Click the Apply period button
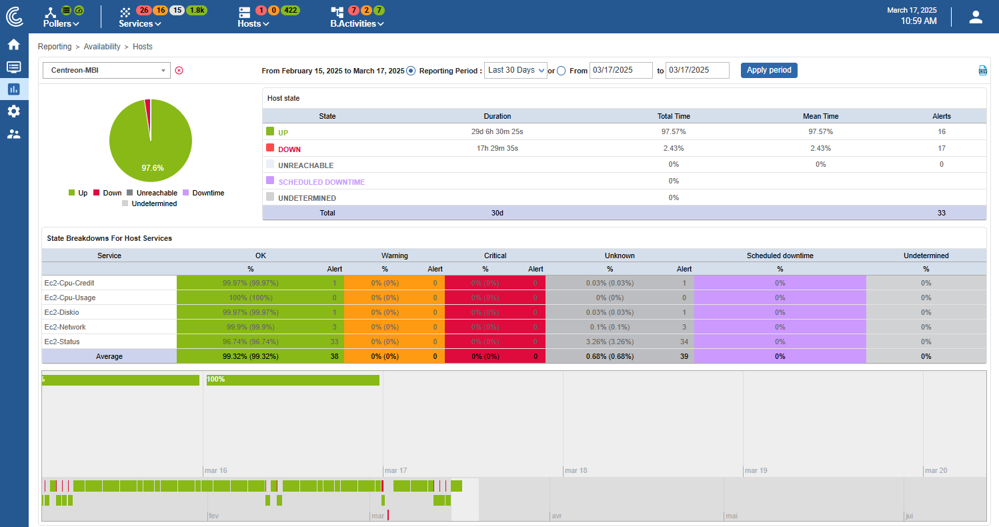click(769, 70)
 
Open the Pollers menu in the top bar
click(61, 23)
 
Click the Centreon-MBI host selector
click(107, 70)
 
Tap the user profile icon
click(976, 17)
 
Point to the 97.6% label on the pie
click(152, 168)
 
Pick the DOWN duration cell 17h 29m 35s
click(497, 148)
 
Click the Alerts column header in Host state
click(942, 116)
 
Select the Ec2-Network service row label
click(65, 327)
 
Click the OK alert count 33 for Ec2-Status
click(334, 342)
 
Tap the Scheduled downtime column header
click(780, 255)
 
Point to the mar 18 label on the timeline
click(576, 470)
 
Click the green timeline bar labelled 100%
click(293, 380)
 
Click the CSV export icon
click(982, 71)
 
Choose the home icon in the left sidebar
click(13, 45)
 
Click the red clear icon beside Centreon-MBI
click(179, 70)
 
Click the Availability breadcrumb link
click(102, 47)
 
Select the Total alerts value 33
click(942, 213)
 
